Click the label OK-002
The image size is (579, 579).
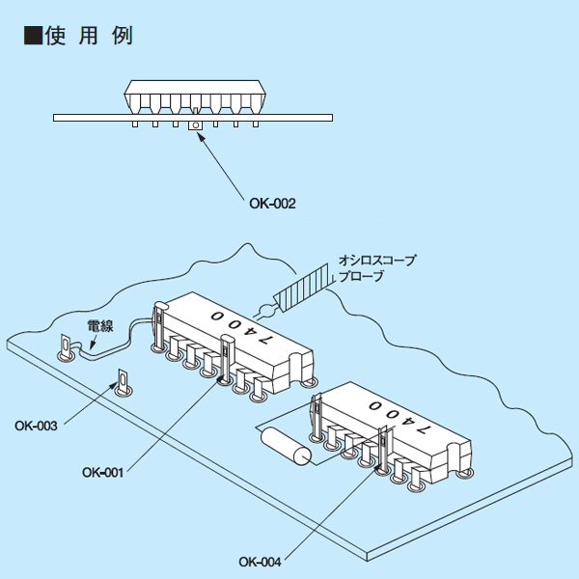(273, 204)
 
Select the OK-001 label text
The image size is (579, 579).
(103, 473)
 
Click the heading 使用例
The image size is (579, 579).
(88, 37)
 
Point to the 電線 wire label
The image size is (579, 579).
(101, 328)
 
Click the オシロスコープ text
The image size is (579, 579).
(376, 261)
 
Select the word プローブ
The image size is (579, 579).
(361, 277)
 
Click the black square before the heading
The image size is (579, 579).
(32, 37)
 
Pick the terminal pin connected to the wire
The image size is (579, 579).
(66, 347)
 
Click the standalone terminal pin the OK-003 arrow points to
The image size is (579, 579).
(123, 382)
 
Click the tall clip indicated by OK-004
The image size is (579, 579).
(384, 450)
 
